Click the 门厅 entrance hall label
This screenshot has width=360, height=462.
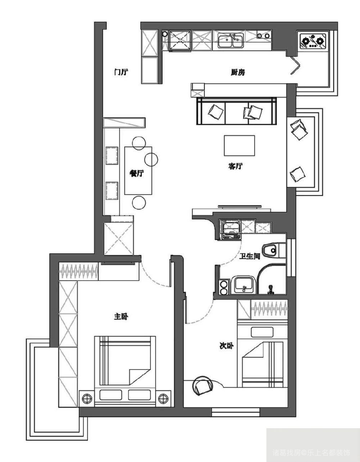[x=121, y=72]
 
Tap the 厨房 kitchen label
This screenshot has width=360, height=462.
[x=238, y=72]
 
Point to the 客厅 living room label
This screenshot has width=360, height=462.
[x=235, y=166]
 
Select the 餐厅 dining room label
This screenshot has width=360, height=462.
[x=137, y=173]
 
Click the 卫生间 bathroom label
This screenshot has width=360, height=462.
[x=249, y=256]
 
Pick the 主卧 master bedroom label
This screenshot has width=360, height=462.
[x=121, y=317]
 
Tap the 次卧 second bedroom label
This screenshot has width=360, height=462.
[x=226, y=346]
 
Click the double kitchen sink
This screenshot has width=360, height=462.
[x=231, y=40]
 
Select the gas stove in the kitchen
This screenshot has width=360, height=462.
[x=312, y=41]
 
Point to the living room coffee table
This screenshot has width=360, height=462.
[x=239, y=145]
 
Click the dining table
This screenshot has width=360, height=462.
[x=138, y=171]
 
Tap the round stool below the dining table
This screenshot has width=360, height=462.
[x=139, y=203]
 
